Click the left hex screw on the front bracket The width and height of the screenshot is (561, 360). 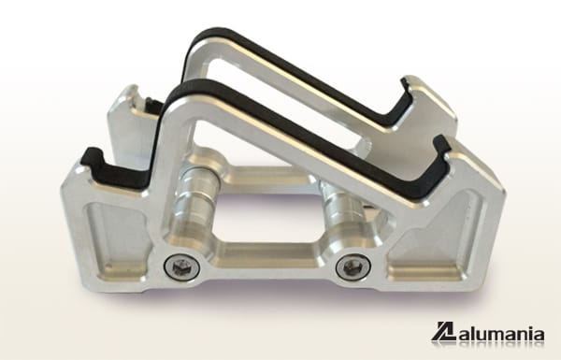181,266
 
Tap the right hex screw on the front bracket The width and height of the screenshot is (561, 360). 353,268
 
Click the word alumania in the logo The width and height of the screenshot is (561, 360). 500,333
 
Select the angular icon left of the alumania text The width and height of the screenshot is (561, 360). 443,333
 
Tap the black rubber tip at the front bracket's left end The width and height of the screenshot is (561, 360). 93,160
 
